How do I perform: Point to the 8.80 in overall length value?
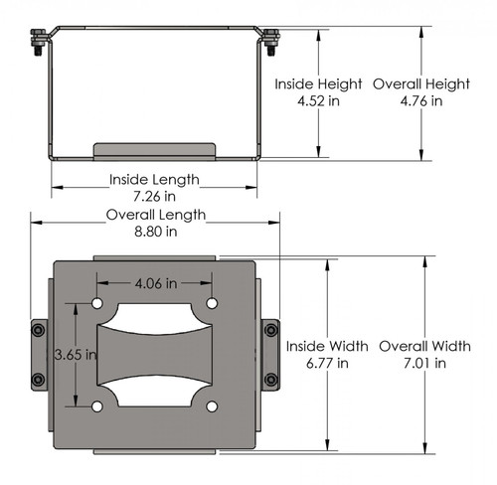tap(156, 231)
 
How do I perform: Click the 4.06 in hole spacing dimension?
tap(154, 284)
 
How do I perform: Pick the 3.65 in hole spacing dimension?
tap(76, 354)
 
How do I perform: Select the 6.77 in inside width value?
tap(328, 363)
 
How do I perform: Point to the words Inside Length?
tap(155, 180)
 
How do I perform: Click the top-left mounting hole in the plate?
tap(97, 303)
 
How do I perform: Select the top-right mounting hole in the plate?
tap(212, 303)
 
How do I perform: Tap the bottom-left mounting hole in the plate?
tap(97, 406)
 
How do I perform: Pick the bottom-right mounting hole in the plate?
tap(212, 406)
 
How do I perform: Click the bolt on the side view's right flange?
tap(270, 45)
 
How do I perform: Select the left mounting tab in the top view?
tap(39, 355)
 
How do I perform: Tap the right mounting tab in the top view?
tap(270, 355)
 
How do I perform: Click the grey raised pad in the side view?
tap(154, 150)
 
